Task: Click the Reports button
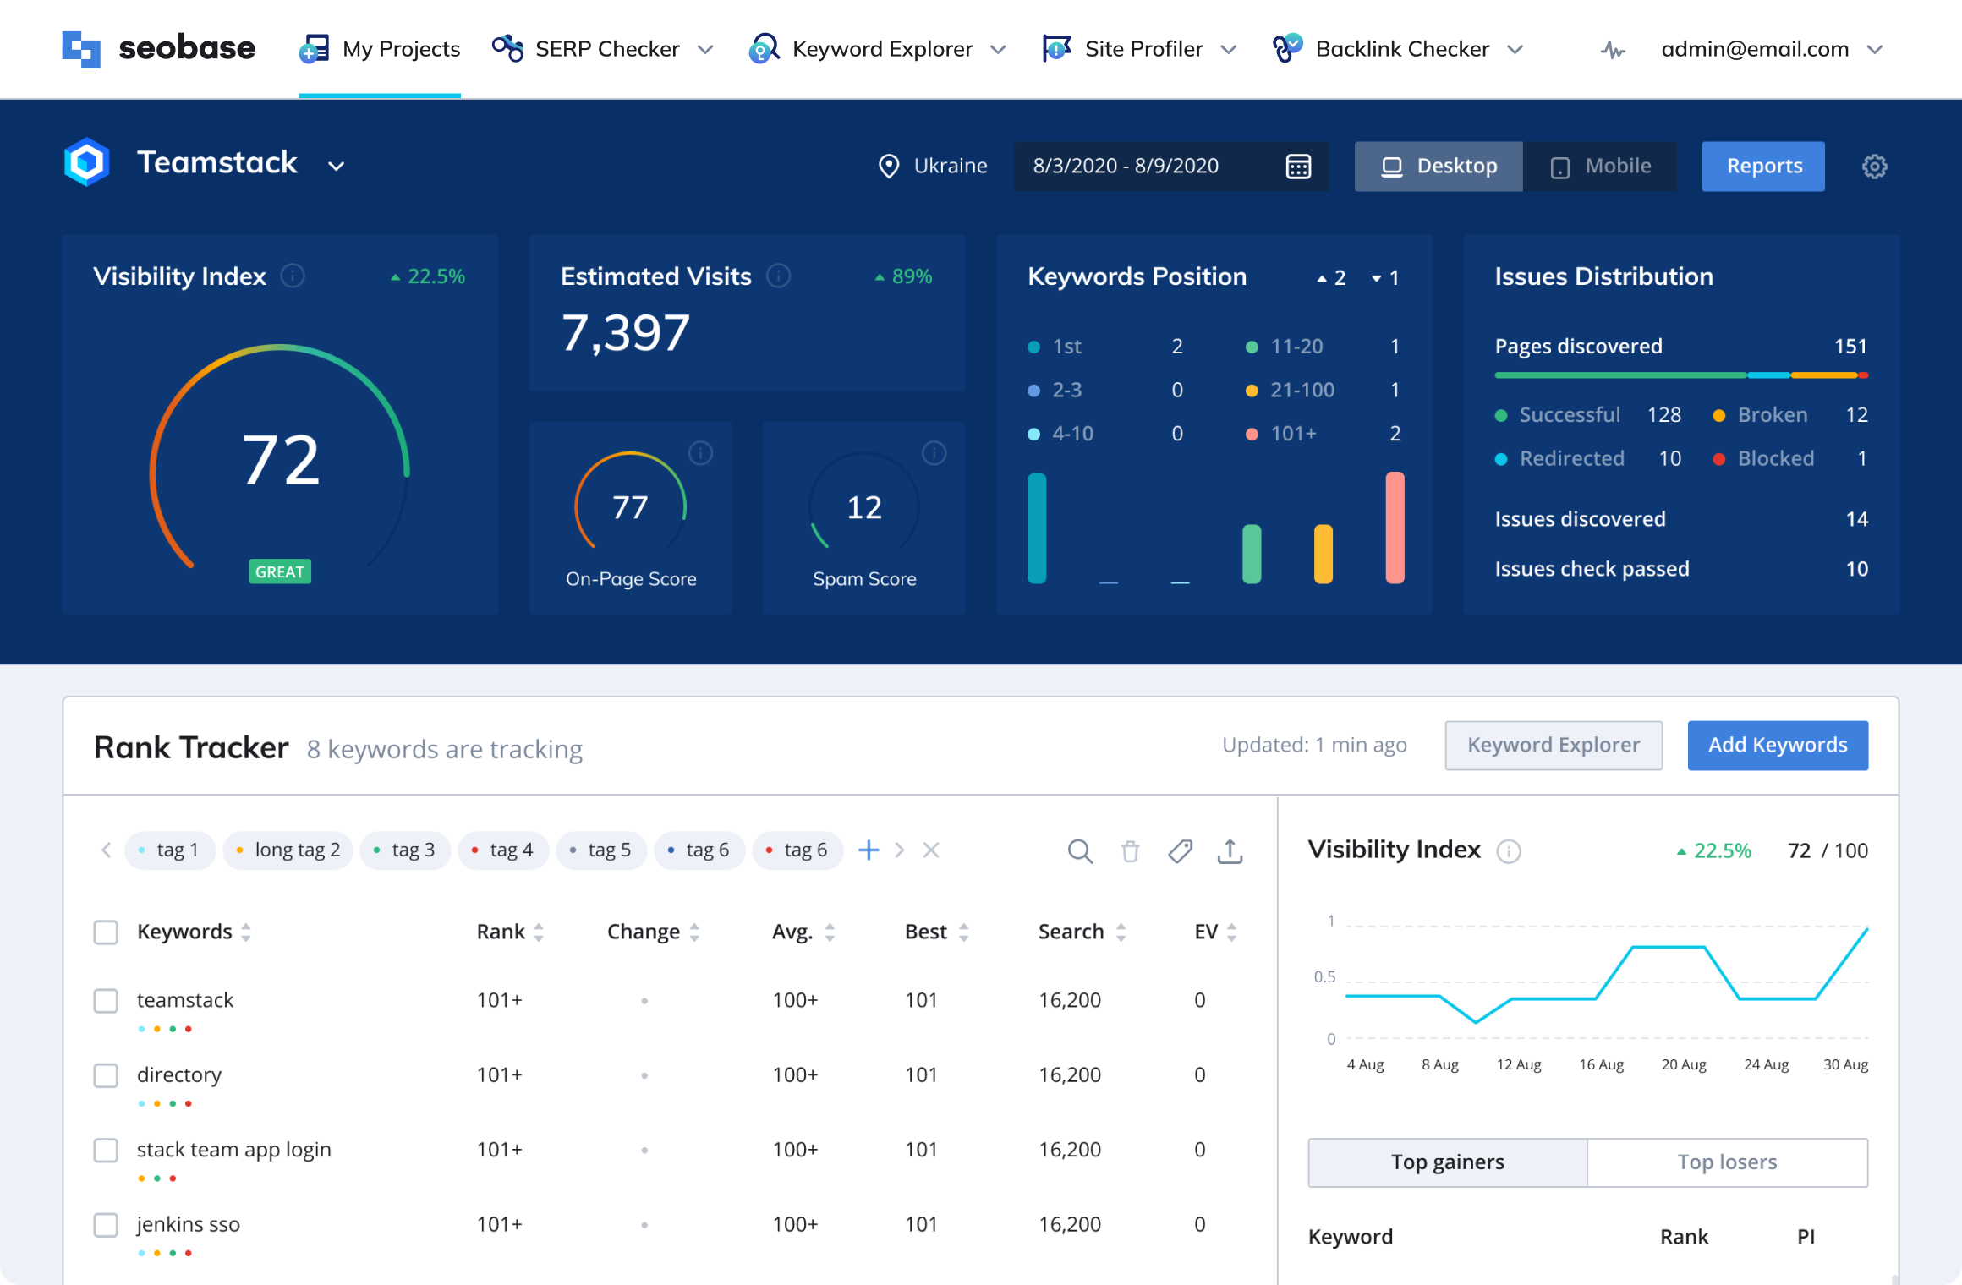[x=1763, y=167]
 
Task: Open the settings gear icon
[x=1874, y=167]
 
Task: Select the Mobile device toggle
[x=1601, y=167]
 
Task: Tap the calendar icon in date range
[x=1298, y=167]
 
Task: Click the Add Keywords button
[x=1778, y=745]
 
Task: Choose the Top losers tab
[x=1727, y=1162]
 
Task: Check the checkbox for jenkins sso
[x=106, y=1224]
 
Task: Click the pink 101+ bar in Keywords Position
[x=1395, y=528]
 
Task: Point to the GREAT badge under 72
[x=280, y=572]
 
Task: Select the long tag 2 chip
[x=288, y=850]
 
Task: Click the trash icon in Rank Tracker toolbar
[x=1130, y=850]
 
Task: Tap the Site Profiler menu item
[x=1142, y=49]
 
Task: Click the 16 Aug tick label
[x=1601, y=1065]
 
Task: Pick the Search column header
[x=1071, y=932]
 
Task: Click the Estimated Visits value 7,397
[x=625, y=333]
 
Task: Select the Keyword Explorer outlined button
[x=1554, y=745]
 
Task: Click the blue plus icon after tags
[x=869, y=850]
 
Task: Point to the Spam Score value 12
[x=864, y=508]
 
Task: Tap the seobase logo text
[x=187, y=49]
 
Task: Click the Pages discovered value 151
[x=1850, y=347]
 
